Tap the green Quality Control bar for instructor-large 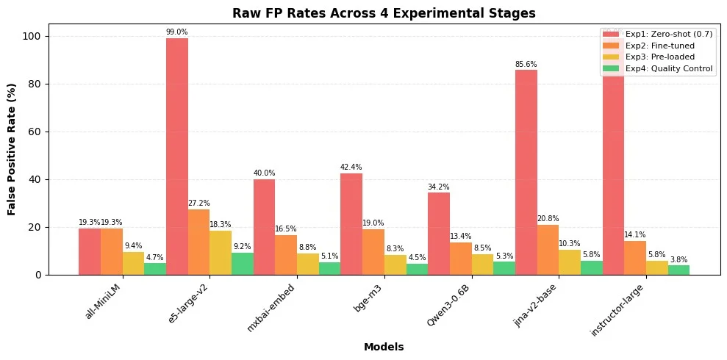678,270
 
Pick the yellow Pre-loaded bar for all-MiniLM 133,263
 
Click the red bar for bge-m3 351,224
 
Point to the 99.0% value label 177,32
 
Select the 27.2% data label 199,204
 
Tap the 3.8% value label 678,260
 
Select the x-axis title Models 384,346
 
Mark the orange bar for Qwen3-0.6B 461,259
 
